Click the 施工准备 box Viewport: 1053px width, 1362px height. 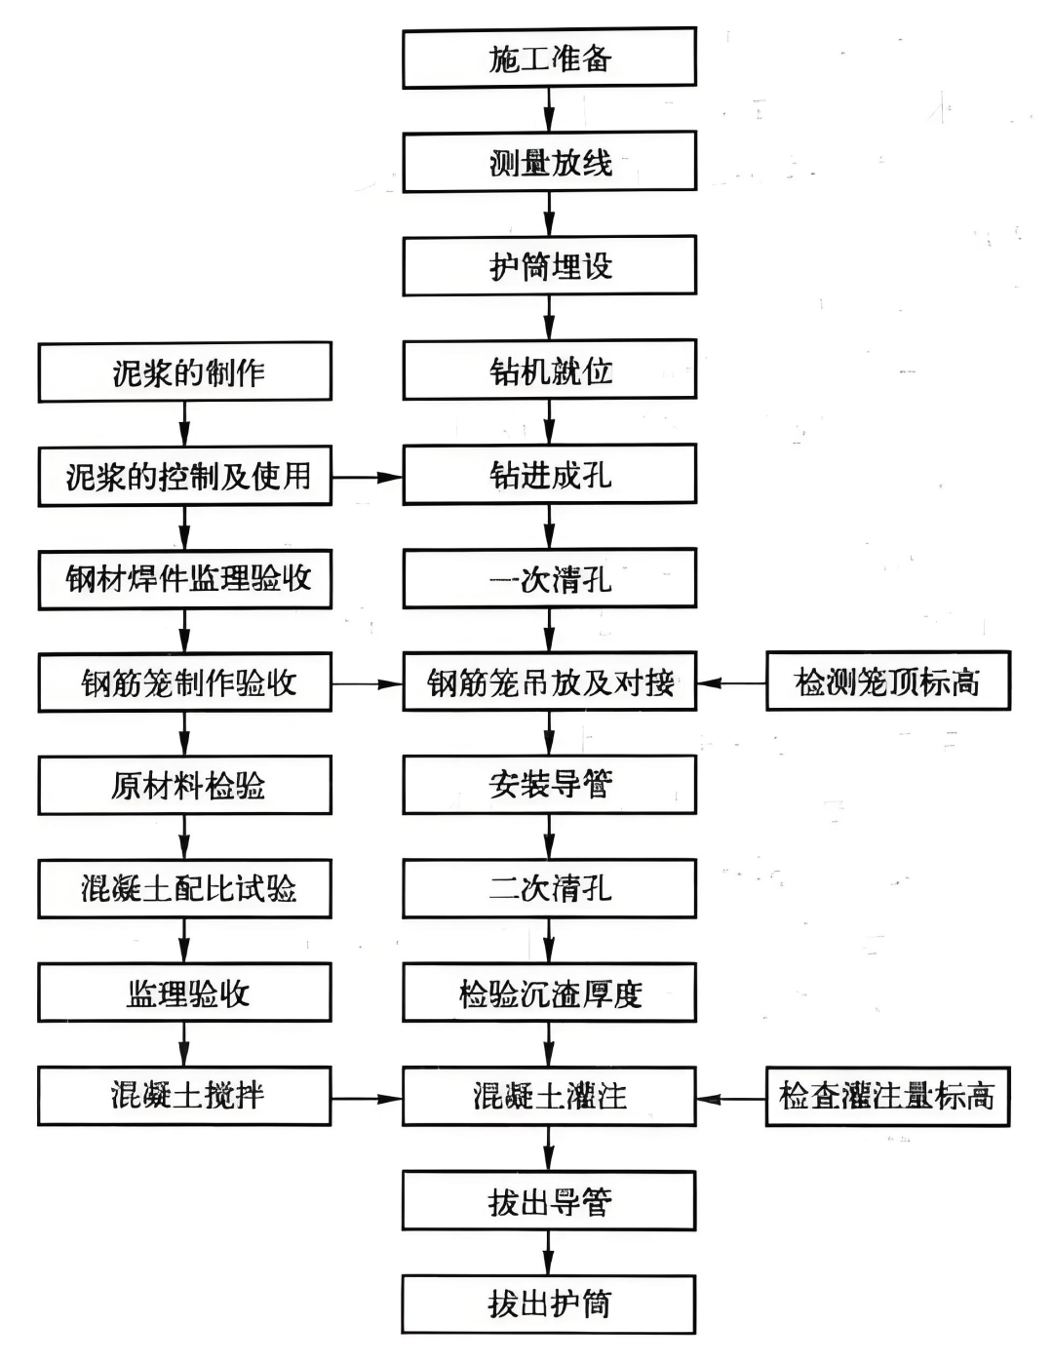pos(549,58)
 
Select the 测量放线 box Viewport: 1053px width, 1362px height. pos(549,162)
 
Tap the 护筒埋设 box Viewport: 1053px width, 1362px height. pos(549,265)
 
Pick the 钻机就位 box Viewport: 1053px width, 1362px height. pos(549,370)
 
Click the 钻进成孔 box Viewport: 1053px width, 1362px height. pos(549,475)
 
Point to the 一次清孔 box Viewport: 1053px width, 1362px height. pos(549,578)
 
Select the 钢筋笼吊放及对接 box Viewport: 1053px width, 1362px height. pos(549,681)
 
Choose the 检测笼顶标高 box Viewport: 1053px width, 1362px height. pos(887,681)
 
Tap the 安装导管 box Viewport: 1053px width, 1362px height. pos(549,785)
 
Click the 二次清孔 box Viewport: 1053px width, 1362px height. pos(549,888)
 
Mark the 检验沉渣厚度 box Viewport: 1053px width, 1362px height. pos(549,992)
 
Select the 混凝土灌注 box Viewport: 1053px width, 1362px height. pos(549,1097)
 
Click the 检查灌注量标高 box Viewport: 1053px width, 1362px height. pos(887,1097)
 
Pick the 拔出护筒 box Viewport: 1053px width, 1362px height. pos(549,1304)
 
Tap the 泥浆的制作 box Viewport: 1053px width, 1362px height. pos(185,371)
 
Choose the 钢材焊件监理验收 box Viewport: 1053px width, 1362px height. pos(185,579)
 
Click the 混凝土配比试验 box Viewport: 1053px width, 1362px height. pos(185,888)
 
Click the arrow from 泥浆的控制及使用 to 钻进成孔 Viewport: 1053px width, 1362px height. pos(368,477)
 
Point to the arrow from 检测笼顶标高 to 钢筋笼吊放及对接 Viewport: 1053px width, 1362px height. pos(731,682)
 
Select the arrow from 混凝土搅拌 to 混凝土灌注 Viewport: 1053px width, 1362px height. pos(368,1098)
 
